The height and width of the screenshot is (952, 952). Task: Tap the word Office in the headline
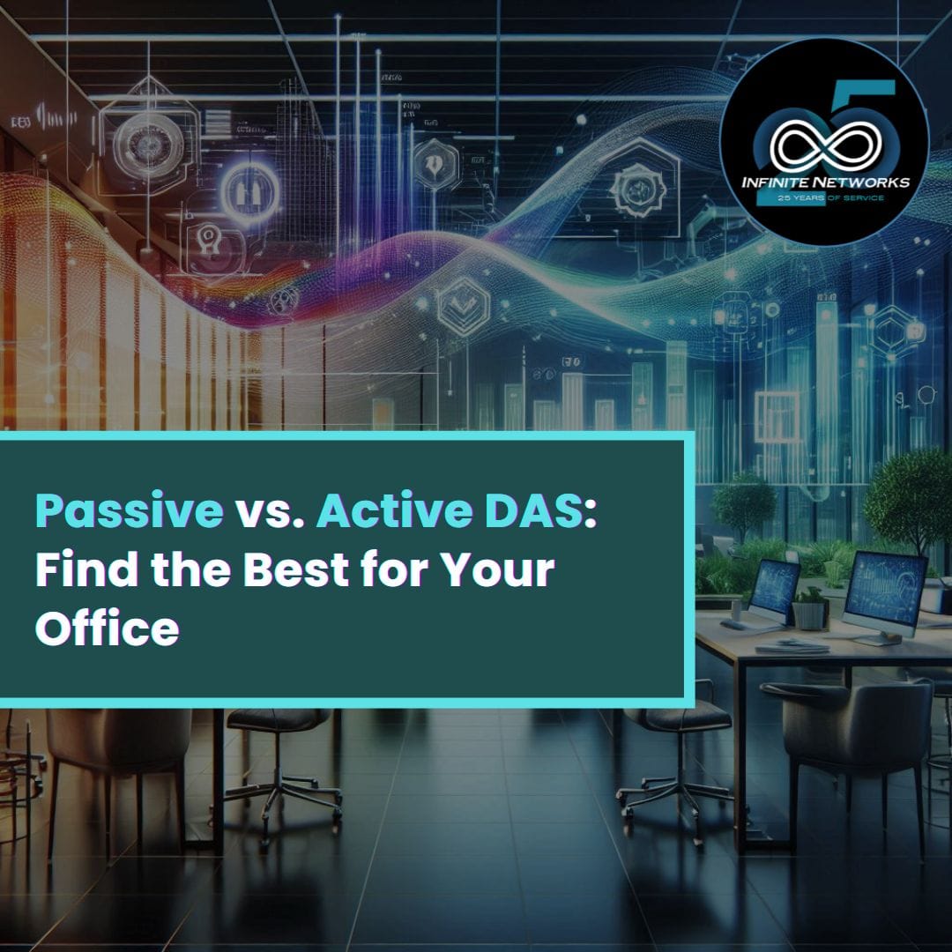pyautogui.click(x=107, y=628)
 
